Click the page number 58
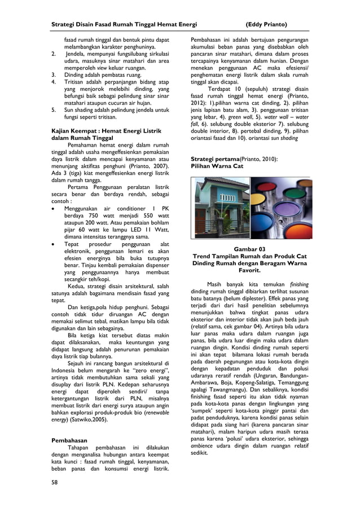[54, 483]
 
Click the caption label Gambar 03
[249, 249]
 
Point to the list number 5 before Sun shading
[54, 111]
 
